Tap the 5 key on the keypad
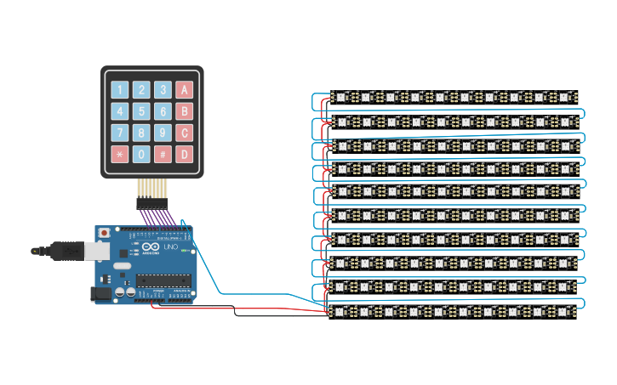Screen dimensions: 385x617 (x=141, y=111)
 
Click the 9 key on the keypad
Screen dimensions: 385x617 (x=163, y=133)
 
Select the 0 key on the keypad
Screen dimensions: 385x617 (x=141, y=155)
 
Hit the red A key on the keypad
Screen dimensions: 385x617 (x=185, y=89)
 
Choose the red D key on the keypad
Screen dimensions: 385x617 (x=185, y=155)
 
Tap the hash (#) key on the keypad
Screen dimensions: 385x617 (x=163, y=155)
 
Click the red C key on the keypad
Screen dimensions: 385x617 (x=185, y=133)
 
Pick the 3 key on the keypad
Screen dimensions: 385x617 (x=163, y=89)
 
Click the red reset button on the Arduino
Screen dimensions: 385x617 (x=104, y=231)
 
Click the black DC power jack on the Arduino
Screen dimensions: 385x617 (x=100, y=293)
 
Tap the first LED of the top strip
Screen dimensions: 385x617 (x=340, y=97)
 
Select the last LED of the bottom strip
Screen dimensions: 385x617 (x=564, y=314)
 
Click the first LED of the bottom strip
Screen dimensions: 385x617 (x=340, y=314)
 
